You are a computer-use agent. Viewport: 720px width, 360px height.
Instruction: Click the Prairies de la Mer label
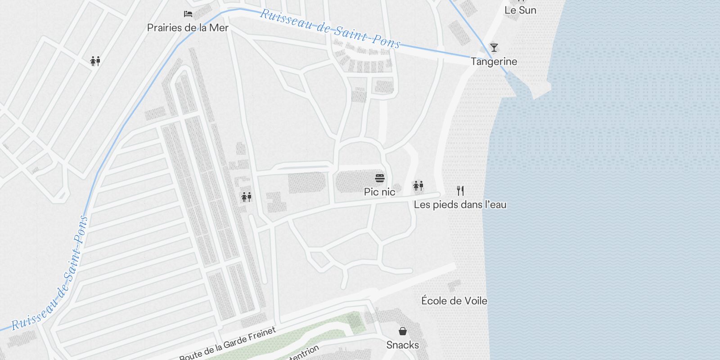point(188,28)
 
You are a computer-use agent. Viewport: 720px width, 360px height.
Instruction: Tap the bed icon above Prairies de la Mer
point(188,14)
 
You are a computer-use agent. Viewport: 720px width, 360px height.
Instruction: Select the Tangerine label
point(494,62)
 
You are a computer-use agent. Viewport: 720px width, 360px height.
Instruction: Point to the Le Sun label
point(520,10)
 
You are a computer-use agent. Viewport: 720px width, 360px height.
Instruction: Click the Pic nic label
point(379,192)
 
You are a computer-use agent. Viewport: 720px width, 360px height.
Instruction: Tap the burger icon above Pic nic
point(380,178)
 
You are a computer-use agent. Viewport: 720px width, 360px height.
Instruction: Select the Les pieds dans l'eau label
point(460,205)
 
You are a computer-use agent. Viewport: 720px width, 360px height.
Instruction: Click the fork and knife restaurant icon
point(460,191)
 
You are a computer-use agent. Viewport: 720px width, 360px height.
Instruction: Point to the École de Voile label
point(454,301)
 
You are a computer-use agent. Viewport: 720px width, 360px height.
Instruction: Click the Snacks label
point(402,345)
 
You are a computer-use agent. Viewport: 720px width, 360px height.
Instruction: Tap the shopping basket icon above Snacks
point(403,332)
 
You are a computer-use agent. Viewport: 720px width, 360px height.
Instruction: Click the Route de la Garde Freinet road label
point(228,344)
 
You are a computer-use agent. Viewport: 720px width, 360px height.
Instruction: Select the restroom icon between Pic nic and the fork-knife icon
point(418,185)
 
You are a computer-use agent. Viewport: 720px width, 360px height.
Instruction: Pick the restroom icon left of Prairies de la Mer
point(95,61)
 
